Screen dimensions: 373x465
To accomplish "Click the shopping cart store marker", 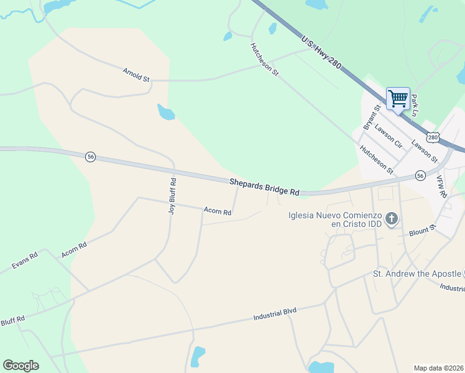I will (398, 98).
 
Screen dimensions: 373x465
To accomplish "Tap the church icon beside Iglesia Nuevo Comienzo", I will (392, 219).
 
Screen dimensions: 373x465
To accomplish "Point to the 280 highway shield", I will (433, 137).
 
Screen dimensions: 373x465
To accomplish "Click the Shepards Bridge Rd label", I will (264, 187).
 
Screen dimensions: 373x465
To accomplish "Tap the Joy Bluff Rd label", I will (173, 196).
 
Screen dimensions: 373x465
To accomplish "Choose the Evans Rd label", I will (25, 260).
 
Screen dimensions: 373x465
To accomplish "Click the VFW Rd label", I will (442, 186).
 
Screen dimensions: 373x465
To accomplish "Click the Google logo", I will (21, 366).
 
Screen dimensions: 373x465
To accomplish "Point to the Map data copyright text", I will (438, 368).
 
